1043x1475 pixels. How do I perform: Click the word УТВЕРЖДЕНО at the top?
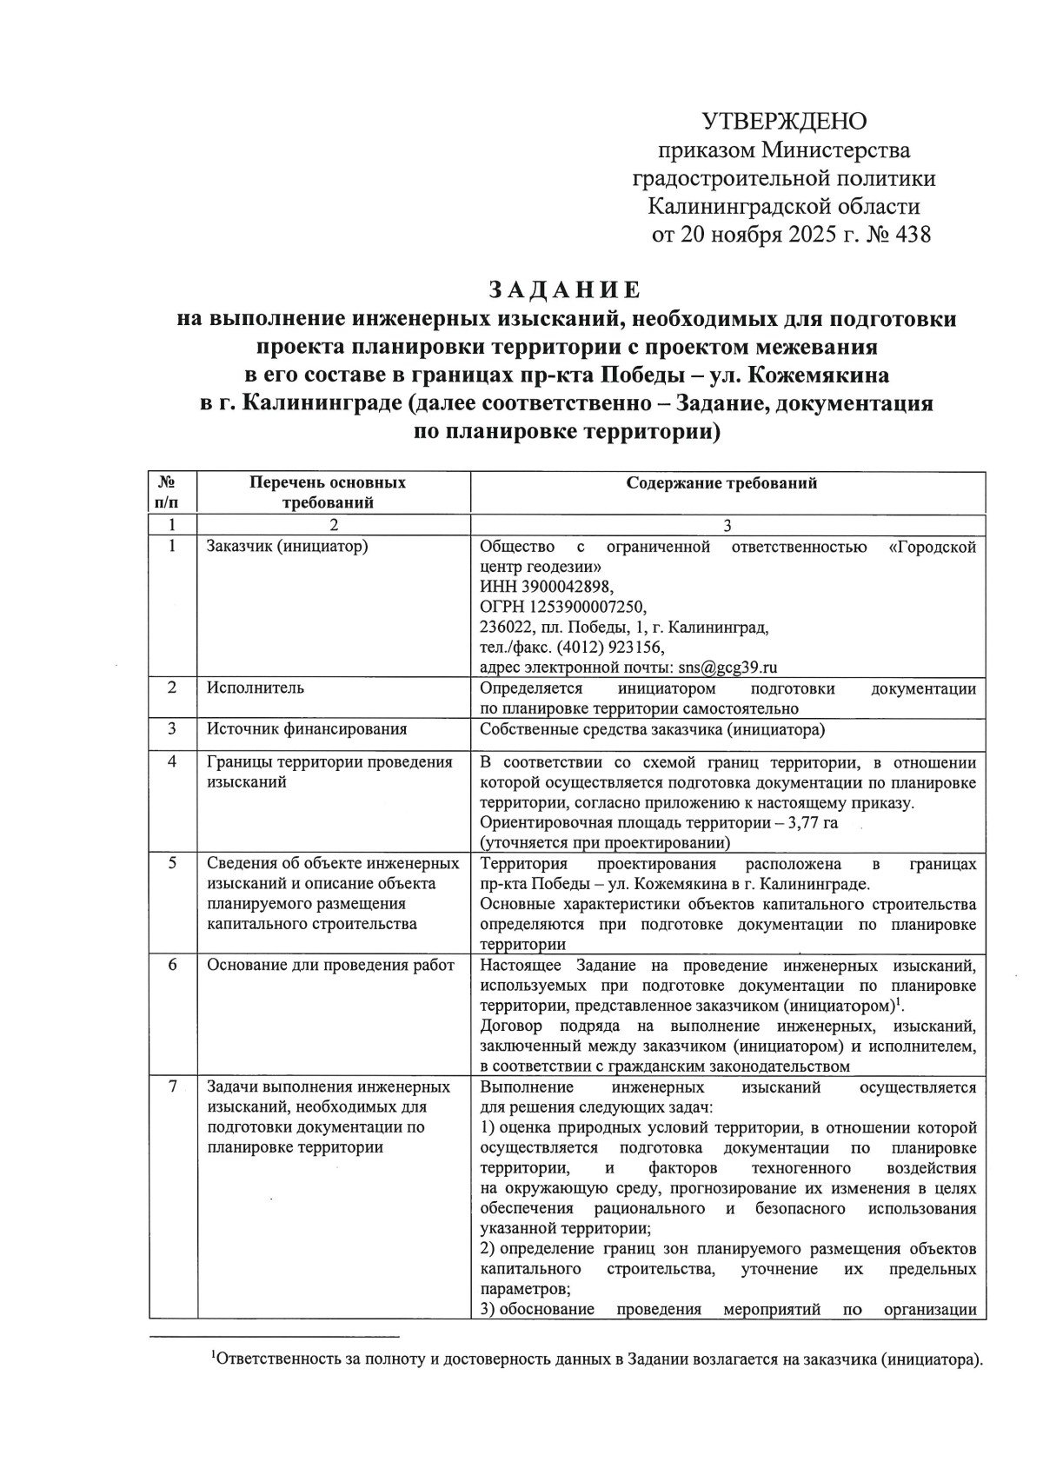pyautogui.click(x=784, y=121)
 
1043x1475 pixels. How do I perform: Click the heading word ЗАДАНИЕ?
pyautogui.click(x=565, y=289)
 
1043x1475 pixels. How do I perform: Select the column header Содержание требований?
pyautogui.click(x=721, y=483)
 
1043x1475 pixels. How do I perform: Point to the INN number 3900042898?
pyautogui.click(x=561, y=587)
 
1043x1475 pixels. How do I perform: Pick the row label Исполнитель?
pyautogui.click(x=255, y=688)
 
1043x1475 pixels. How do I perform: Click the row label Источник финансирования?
pyautogui.click(x=306, y=729)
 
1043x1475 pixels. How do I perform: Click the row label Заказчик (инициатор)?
pyautogui.click(x=287, y=547)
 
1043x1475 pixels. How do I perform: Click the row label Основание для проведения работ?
pyautogui.click(x=330, y=966)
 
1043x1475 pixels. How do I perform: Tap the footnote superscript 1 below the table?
pyautogui.click(x=214, y=1354)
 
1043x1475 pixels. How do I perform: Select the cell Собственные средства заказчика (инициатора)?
pyautogui.click(x=652, y=729)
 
